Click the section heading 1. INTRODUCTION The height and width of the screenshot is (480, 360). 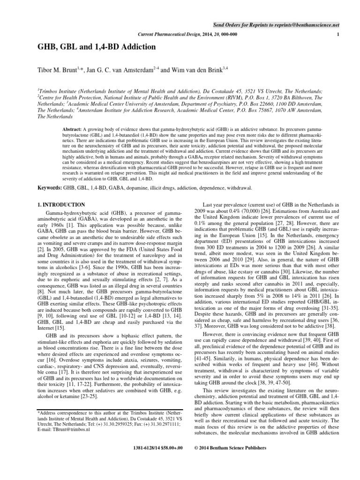(x=61, y=205)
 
